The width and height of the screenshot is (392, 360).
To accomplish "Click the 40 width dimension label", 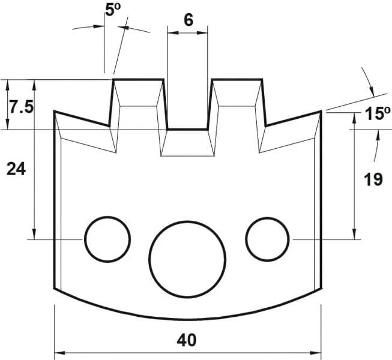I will pos(187,340).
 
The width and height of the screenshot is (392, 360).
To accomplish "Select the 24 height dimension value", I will pos(16,170).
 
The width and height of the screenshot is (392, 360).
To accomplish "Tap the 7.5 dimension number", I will pos(20,107).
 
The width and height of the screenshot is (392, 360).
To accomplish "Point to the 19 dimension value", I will pos(373,179).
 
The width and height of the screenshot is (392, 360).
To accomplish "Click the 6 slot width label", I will pos(188,20).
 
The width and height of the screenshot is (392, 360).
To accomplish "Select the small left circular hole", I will pos(107,239).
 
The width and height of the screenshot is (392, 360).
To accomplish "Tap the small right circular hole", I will pos(268,239).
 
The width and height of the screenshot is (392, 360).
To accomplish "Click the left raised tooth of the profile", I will pos(139,102).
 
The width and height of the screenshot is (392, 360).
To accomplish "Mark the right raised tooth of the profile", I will pos(237,102).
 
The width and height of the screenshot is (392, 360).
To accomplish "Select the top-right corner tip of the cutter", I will pos(322,111).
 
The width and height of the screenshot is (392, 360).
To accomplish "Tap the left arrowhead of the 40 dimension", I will pos(58,352).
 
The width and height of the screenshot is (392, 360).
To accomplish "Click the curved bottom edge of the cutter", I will pos(188,319).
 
